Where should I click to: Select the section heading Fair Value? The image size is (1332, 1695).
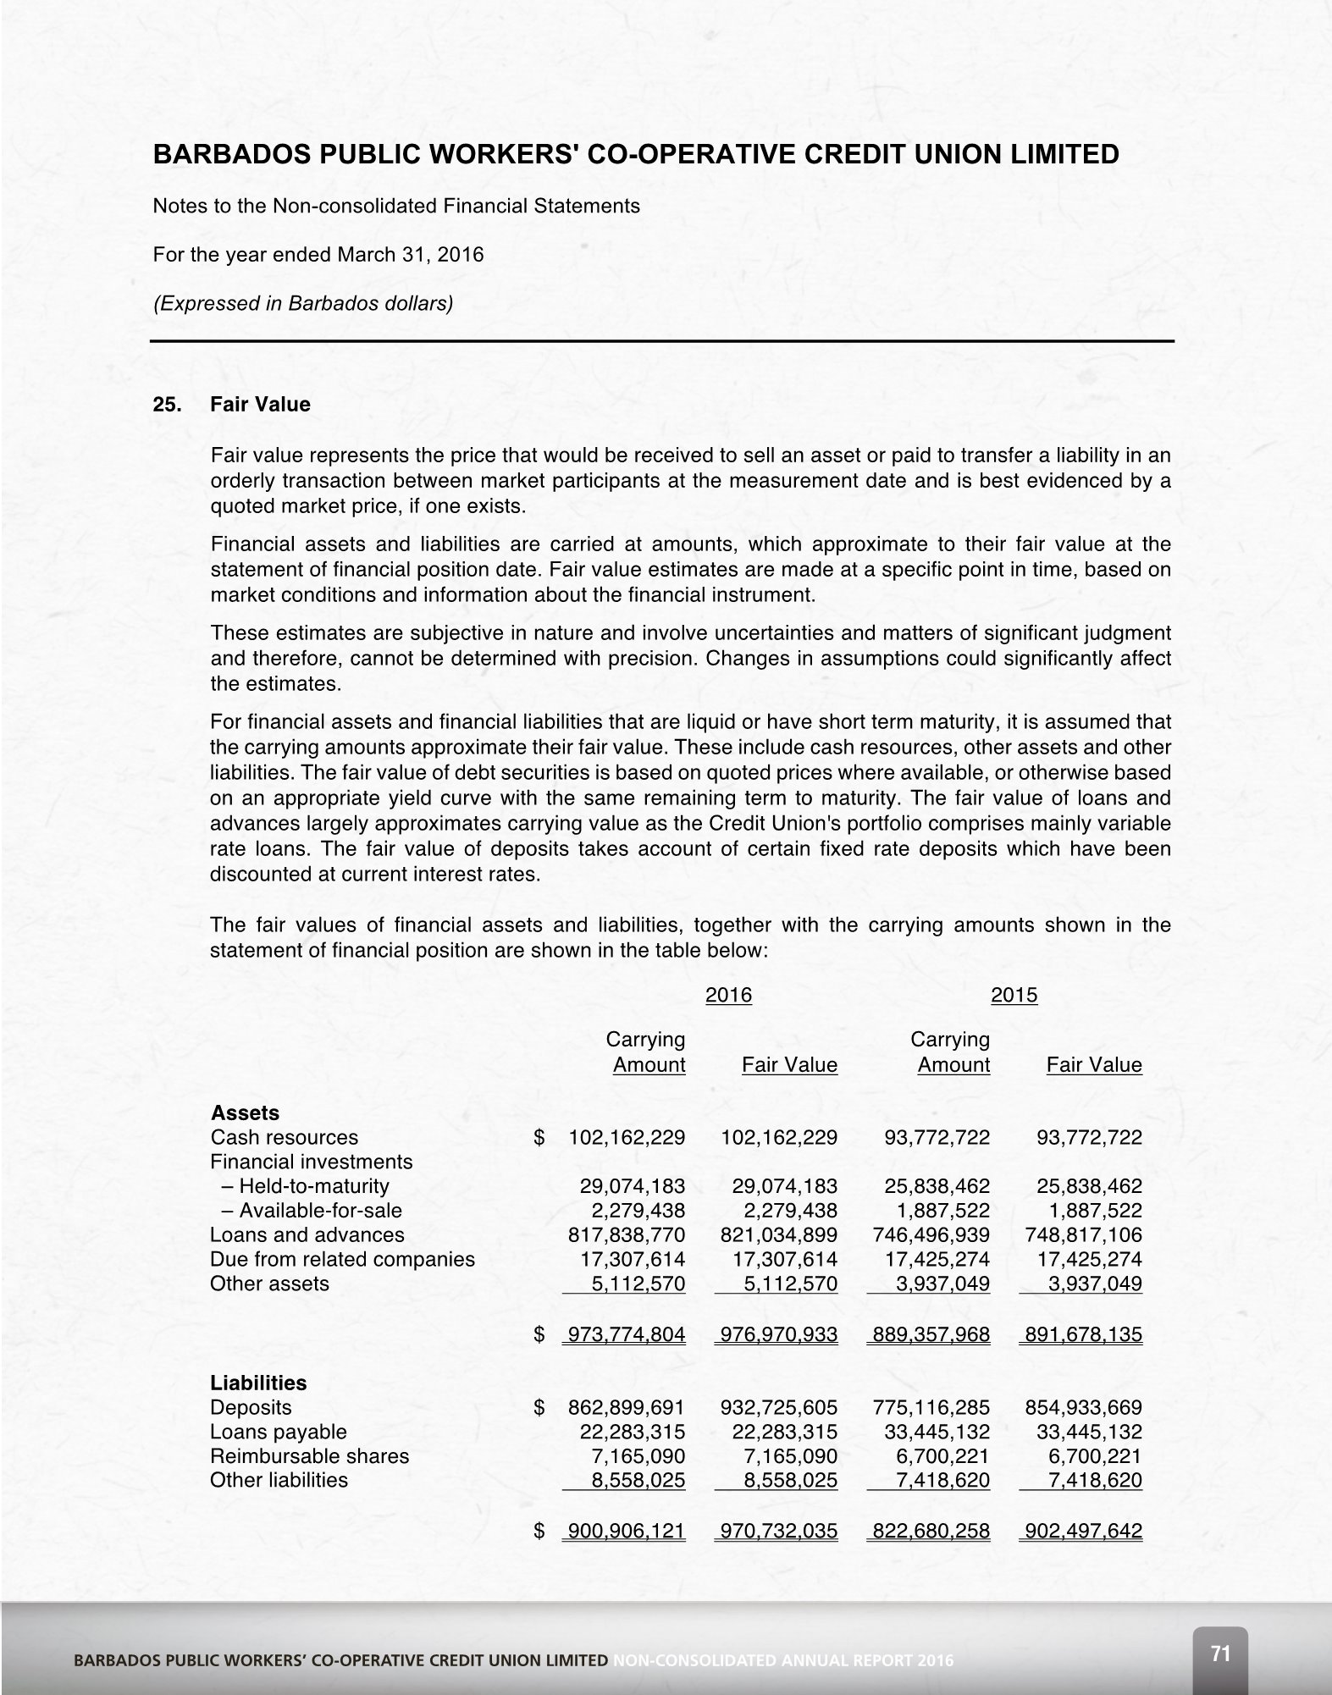click(x=260, y=405)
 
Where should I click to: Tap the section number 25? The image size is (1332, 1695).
click(x=166, y=405)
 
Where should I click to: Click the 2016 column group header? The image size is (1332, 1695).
click(x=728, y=995)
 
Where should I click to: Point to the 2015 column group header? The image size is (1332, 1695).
click(x=1014, y=995)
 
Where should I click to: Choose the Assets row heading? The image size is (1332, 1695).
click(x=245, y=1113)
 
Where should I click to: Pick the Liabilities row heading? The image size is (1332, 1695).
click(x=258, y=1383)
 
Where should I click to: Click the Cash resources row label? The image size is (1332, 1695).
click(x=284, y=1137)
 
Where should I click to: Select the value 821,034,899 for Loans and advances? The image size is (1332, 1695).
click(x=778, y=1234)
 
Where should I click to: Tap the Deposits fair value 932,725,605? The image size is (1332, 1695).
click(x=778, y=1407)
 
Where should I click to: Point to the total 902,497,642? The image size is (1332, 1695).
click(x=1083, y=1531)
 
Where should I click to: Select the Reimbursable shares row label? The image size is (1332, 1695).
click(x=309, y=1456)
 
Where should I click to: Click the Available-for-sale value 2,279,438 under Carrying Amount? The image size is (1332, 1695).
click(x=638, y=1211)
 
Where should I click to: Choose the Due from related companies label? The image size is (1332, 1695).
click(x=342, y=1259)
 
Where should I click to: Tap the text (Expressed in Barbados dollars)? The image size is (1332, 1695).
click(x=302, y=303)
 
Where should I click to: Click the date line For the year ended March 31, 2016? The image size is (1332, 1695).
click(x=318, y=254)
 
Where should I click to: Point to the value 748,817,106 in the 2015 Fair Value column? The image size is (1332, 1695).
click(x=1083, y=1234)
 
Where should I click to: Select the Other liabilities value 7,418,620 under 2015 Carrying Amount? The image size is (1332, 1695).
click(x=942, y=1480)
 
